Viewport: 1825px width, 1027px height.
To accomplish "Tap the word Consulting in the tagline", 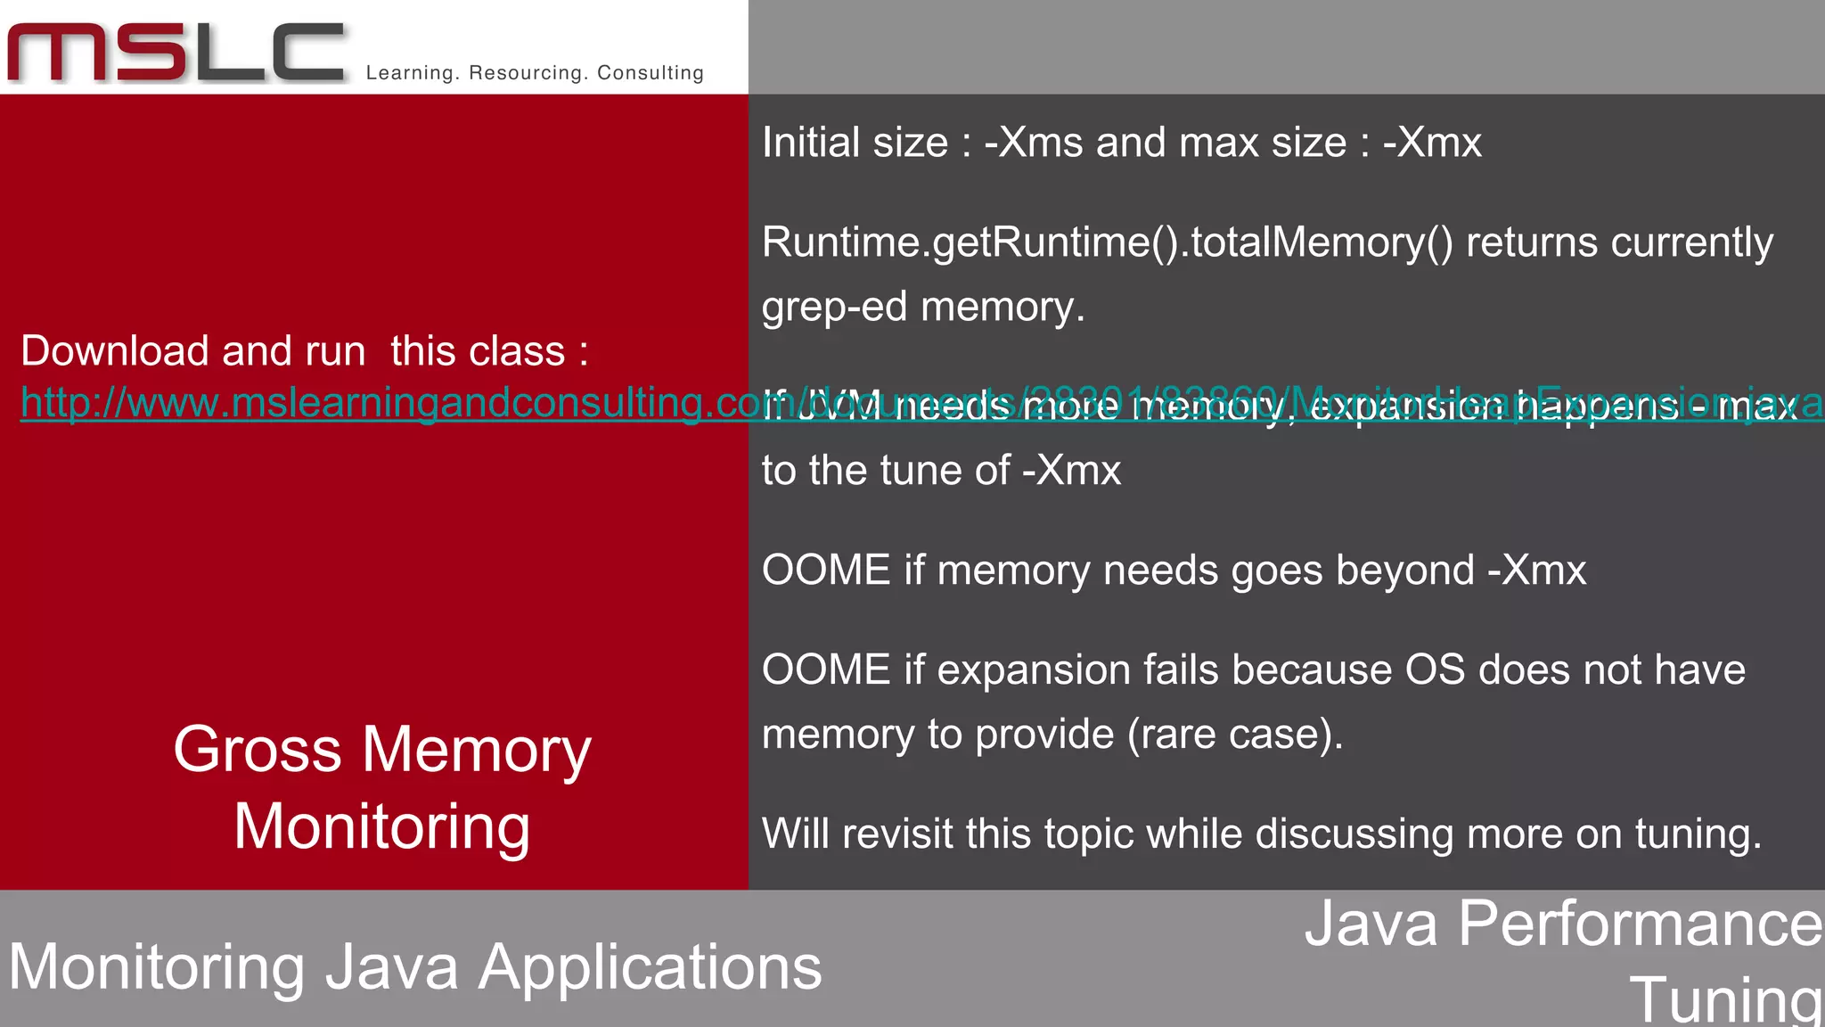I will (651, 73).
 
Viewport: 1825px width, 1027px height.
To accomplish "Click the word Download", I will (115, 351).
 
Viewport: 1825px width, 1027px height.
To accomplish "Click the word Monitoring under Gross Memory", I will (381, 827).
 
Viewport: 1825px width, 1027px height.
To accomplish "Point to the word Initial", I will (810, 143).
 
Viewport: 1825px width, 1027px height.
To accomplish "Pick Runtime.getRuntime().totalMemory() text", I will (1107, 242).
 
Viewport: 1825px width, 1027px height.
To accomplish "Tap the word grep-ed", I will (834, 308).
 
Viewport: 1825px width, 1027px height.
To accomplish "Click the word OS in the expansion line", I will (1434, 670).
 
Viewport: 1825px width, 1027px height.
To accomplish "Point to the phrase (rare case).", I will (1235, 735).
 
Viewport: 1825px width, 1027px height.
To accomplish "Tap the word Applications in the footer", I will (650, 968).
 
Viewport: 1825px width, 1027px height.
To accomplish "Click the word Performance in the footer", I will (1641, 924).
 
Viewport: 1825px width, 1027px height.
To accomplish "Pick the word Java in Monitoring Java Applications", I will (391, 968).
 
